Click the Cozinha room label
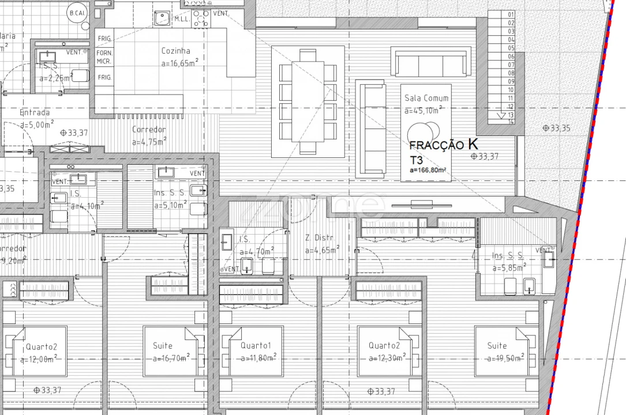pyautogui.click(x=175, y=51)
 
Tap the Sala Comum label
pyautogui.click(x=426, y=98)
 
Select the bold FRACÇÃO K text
pyautogui.click(x=443, y=145)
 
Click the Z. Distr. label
pyautogui.click(x=320, y=238)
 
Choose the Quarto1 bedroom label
pyautogui.click(x=256, y=346)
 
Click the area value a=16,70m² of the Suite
pyautogui.click(x=171, y=359)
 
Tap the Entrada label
pyautogui.click(x=35, y=112)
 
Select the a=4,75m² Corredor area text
pyautogui.click(x=149, y=141)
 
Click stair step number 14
pyautogui.click(x=511, y=122)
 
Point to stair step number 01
pyautogui.click(x=511, y=15)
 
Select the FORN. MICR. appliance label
pyautogui.click(x=104, y=56)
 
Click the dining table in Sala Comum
pyautogui.click(x=308, y=101)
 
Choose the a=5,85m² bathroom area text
pyautogui.click(x=509, y=268)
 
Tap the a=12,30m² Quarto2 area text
pyautogui.click(x=384, y=359)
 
